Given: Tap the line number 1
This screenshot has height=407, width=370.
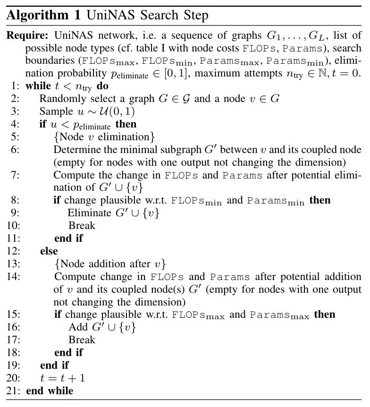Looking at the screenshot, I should point(14,86).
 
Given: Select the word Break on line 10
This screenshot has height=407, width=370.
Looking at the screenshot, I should point(82,226).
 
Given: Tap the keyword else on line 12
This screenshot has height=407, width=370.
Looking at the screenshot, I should point(49,251).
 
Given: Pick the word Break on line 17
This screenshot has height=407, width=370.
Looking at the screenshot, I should point(82,340).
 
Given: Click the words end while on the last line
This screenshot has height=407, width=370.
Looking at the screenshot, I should point(50,391).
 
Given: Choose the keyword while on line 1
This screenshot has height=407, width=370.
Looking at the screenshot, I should point(37,86).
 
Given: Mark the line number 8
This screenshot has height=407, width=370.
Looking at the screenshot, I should point(14,200).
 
